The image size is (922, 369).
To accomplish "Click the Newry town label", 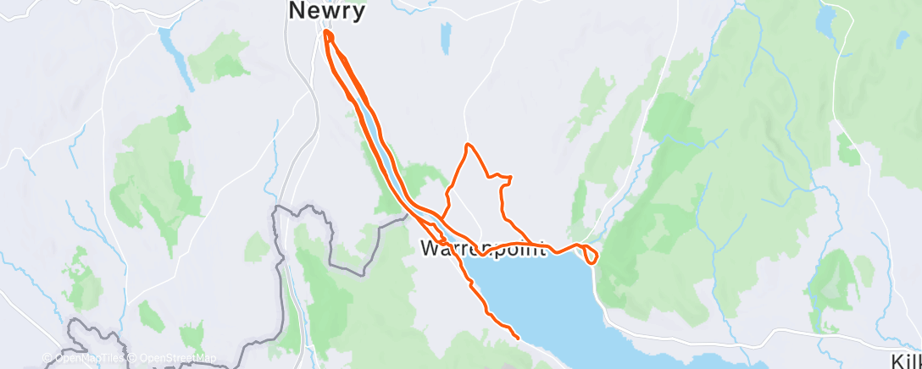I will tap(327, 11).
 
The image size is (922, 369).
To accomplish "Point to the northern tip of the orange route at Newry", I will tap(326, 33).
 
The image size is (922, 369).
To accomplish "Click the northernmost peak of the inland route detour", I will tap(467, 146).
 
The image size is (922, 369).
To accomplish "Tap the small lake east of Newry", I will tap(445, 38).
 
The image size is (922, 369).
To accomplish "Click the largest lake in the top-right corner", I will tap(825, 19).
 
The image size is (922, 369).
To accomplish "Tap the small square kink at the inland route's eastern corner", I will tap(506, 179).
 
